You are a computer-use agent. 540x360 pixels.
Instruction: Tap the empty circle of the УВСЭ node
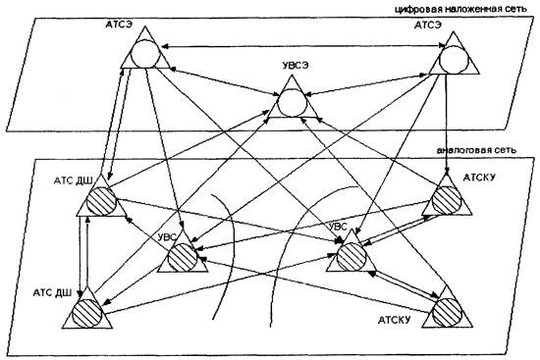292,103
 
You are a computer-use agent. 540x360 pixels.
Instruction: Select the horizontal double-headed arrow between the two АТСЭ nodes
303,46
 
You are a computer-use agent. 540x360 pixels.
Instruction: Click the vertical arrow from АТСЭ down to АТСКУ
447,124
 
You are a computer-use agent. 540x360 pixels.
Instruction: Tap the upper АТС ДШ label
73,181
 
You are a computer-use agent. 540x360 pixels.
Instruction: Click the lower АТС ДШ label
52,293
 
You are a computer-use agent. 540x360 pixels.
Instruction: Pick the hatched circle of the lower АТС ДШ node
87,313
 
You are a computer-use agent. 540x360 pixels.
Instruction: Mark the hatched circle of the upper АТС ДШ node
101,201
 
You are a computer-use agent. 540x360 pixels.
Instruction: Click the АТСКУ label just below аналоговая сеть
479,178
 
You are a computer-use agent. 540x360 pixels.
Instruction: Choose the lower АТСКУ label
395,320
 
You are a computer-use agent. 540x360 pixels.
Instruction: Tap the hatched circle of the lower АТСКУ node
448,313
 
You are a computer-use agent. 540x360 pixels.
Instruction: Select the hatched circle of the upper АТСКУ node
447,200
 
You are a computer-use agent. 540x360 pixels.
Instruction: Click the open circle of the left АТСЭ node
146,54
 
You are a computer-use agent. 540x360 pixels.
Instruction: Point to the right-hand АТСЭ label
428,26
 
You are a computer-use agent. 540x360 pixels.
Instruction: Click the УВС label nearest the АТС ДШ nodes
167,237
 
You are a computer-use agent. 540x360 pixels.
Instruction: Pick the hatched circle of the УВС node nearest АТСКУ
351,256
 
